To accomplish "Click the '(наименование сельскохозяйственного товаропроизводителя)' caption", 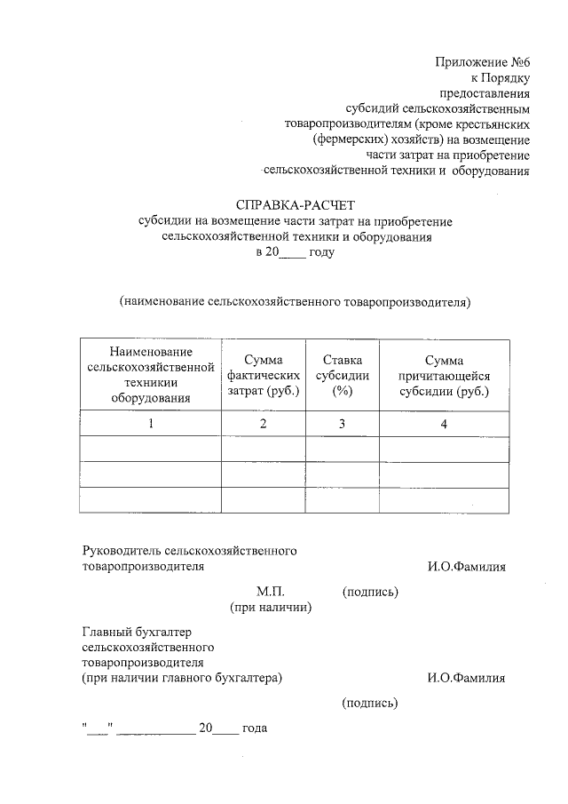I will [295, 301].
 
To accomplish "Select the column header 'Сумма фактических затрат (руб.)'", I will [263, 375].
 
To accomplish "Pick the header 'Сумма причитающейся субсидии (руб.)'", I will [444, 375].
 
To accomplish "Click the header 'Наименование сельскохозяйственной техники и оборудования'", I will [151, 375].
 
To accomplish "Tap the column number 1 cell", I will [151, 424].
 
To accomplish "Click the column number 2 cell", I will [263, 424].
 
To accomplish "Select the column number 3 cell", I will [342, 424].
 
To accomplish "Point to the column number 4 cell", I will [444, 424].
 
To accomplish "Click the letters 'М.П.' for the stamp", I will [270, 592].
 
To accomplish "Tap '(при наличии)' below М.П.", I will [270, 608].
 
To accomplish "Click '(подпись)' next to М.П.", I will [370, 592].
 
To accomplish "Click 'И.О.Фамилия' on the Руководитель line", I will [466, 566].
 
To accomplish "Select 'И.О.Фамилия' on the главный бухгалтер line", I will [466, 678].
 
